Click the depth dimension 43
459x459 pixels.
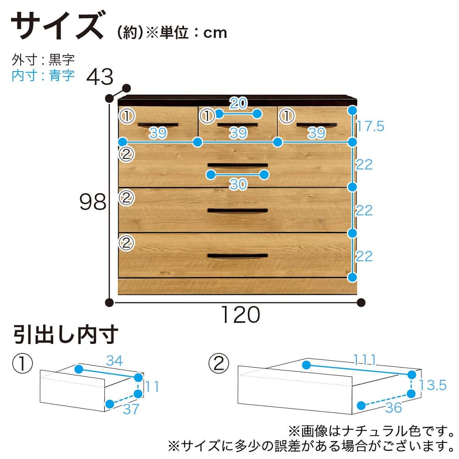click(100, 77)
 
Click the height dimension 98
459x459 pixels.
click(93, 202)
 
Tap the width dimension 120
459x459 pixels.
click(241, 315)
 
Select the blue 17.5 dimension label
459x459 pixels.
click(370, 126)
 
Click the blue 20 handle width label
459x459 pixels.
click(238, 103)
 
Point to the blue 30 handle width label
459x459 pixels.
click(238, 184)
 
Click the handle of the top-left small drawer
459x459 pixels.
click(158, 125)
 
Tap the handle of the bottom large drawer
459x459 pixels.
click(237, 256)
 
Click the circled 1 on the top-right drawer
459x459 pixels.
click(287, 116)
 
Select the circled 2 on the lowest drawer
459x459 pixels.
click(127, 243)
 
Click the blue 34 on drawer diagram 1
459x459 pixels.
click(114, 361)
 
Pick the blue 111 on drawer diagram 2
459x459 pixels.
click(364, 360)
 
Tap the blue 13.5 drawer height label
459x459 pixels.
click(433, 385)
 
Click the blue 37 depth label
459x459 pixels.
click(131, 409)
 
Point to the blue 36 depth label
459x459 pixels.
click(393, 408)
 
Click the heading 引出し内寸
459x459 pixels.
click(66, 335)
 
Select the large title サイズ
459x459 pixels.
click(58, 25)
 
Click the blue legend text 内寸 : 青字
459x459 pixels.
click(43, 76)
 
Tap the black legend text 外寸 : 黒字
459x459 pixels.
click(43, 60)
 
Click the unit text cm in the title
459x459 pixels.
click(215, 33)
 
